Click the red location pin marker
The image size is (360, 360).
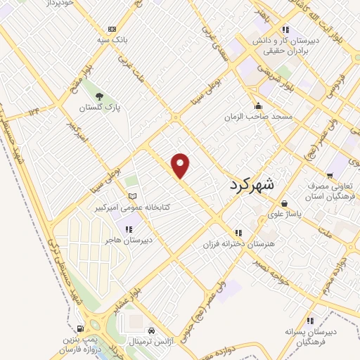point(181,165)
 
